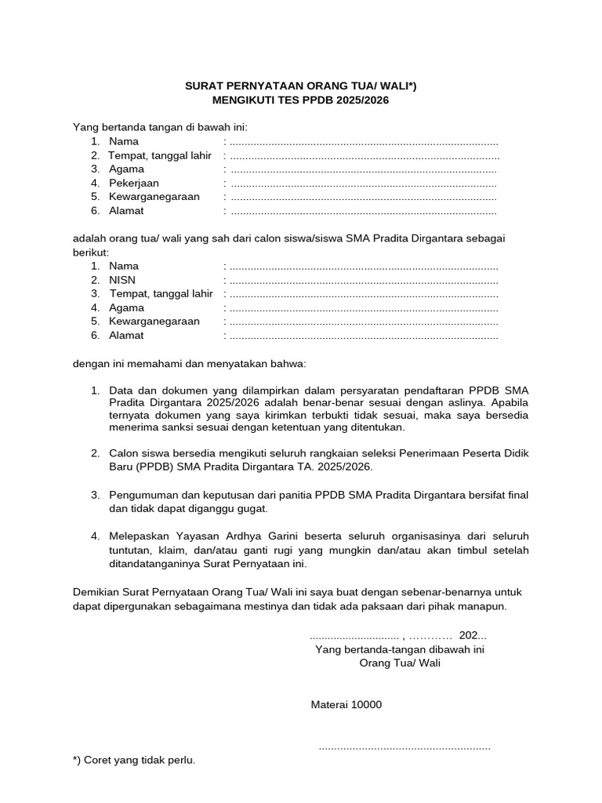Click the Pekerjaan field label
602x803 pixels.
(x=134, y=183)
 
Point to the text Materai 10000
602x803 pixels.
(x=346, y=704)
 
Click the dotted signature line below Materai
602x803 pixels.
(x=404, y=747)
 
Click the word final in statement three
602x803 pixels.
(x=515, y=495)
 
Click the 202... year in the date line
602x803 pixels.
(x=473, y=635)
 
